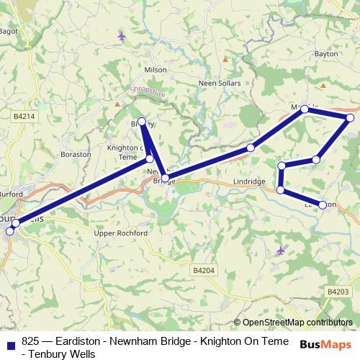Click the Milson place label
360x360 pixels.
[156, 70]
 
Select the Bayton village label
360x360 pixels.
[325, 54]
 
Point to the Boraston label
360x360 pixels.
[76, 154]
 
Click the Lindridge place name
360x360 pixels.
[250, 182]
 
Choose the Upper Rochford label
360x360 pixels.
[121, 234]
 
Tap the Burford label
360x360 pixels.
[12, 194]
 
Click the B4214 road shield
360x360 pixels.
[24, 115]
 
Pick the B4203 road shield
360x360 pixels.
[336, 292]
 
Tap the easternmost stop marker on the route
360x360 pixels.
[350, 117]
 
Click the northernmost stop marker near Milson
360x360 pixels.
[142, 122]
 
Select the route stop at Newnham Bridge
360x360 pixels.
[165, 178]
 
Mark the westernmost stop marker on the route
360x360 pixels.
[10, 231]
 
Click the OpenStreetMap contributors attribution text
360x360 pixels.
[293, 323]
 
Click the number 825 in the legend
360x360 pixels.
[31, 341]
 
